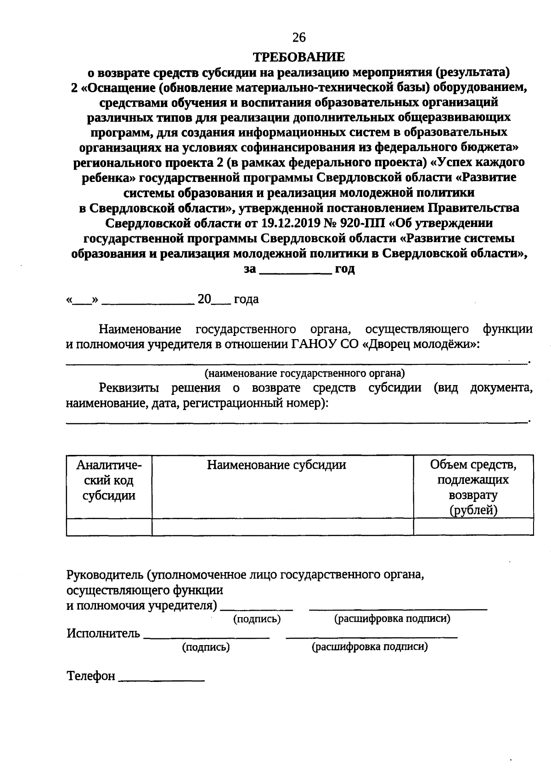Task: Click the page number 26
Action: pyautogui.click(x=298, y=37)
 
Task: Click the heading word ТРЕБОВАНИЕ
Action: pyautogui.click(x=299, y=57)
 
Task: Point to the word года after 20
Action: pyautogui.click(x=246, y=300)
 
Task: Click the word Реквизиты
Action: pyautogui.click(x=129, y=388)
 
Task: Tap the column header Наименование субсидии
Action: pyautogui.click(x=276, y=465)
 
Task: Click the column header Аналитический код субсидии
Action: pyautogui.click(x=109, y=480)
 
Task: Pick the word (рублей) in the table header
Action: pyautogui.click(x=473, y=510)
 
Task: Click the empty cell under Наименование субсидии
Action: pyautogui.click(x=282, y=527)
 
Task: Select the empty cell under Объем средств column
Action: pyautogui.click(x=473, y=527)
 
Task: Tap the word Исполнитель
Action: pyautogui.click(x=103, y=633)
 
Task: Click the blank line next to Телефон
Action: pyautogui.click(x=161, y=677)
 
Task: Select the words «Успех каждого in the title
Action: pyautogui.click(x=479, y=163)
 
